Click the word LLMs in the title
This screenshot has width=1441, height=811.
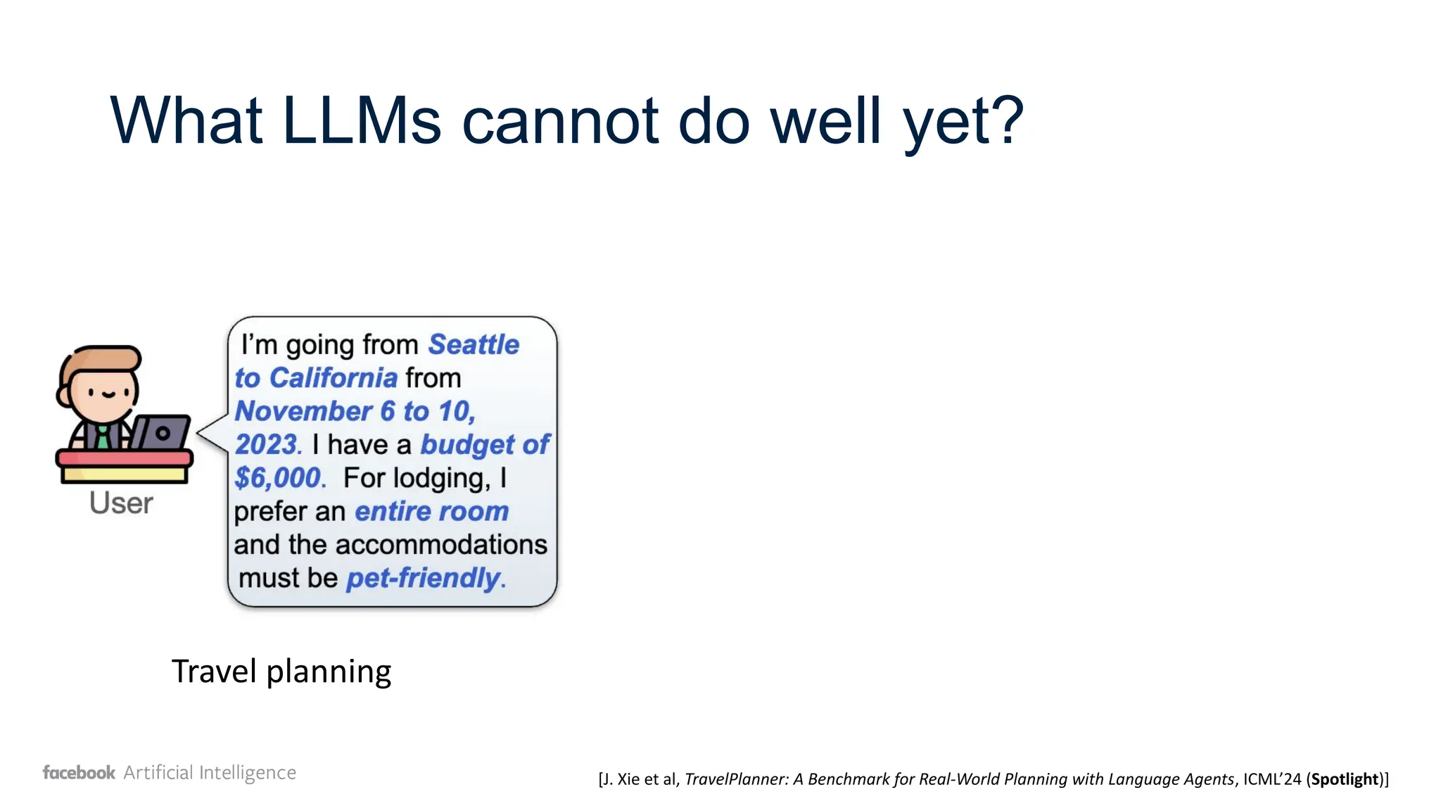[x=361, y=121]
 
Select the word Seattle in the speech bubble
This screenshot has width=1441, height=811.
[x=474, y=344]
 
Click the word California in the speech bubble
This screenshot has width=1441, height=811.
[x=334, y=378]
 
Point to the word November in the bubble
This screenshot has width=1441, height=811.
[x=303, y=411]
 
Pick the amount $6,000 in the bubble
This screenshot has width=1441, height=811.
[x=278, y=478]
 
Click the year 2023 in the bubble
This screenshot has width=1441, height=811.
[x=267, y=445]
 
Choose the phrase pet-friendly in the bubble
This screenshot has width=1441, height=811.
[x=423, y=578]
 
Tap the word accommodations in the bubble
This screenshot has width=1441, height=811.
[x=441, y=545]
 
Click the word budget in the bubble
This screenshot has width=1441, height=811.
[x=467, y=445]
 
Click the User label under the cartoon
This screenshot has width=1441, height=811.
[x=121, y=503]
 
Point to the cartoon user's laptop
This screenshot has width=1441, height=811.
[x=161, y=432]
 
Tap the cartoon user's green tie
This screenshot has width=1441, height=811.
[x=103, y=437]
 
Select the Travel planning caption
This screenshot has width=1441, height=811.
[x=281, y=672]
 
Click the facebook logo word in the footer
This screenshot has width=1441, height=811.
[x=79, y=773]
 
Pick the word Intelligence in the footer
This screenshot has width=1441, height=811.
[x=247, y=773]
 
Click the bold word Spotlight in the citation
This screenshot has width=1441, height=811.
[x=1344, y=779]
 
